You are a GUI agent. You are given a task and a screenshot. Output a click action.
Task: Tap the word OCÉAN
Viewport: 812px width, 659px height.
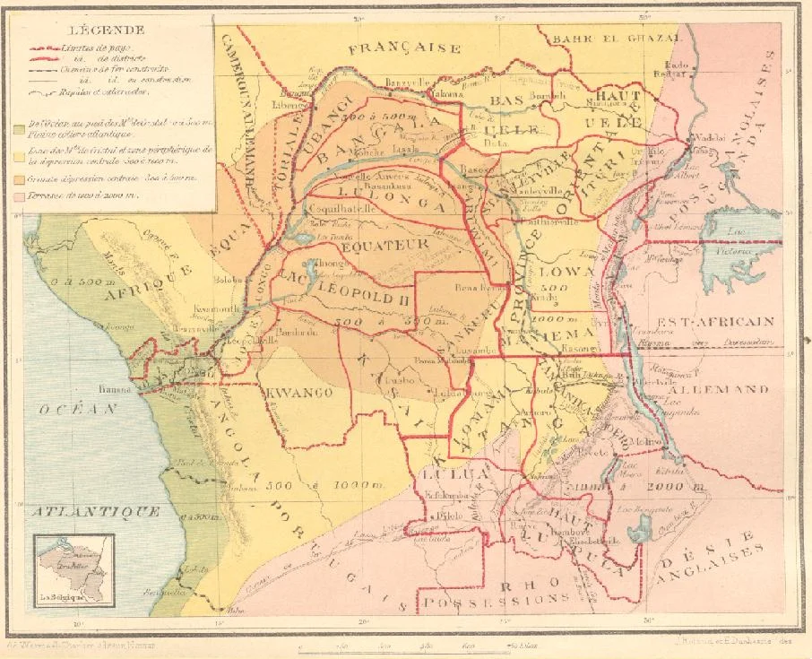[x=80, y=408]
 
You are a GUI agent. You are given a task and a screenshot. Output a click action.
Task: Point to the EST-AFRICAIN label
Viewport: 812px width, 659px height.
[x=728, y=320]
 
